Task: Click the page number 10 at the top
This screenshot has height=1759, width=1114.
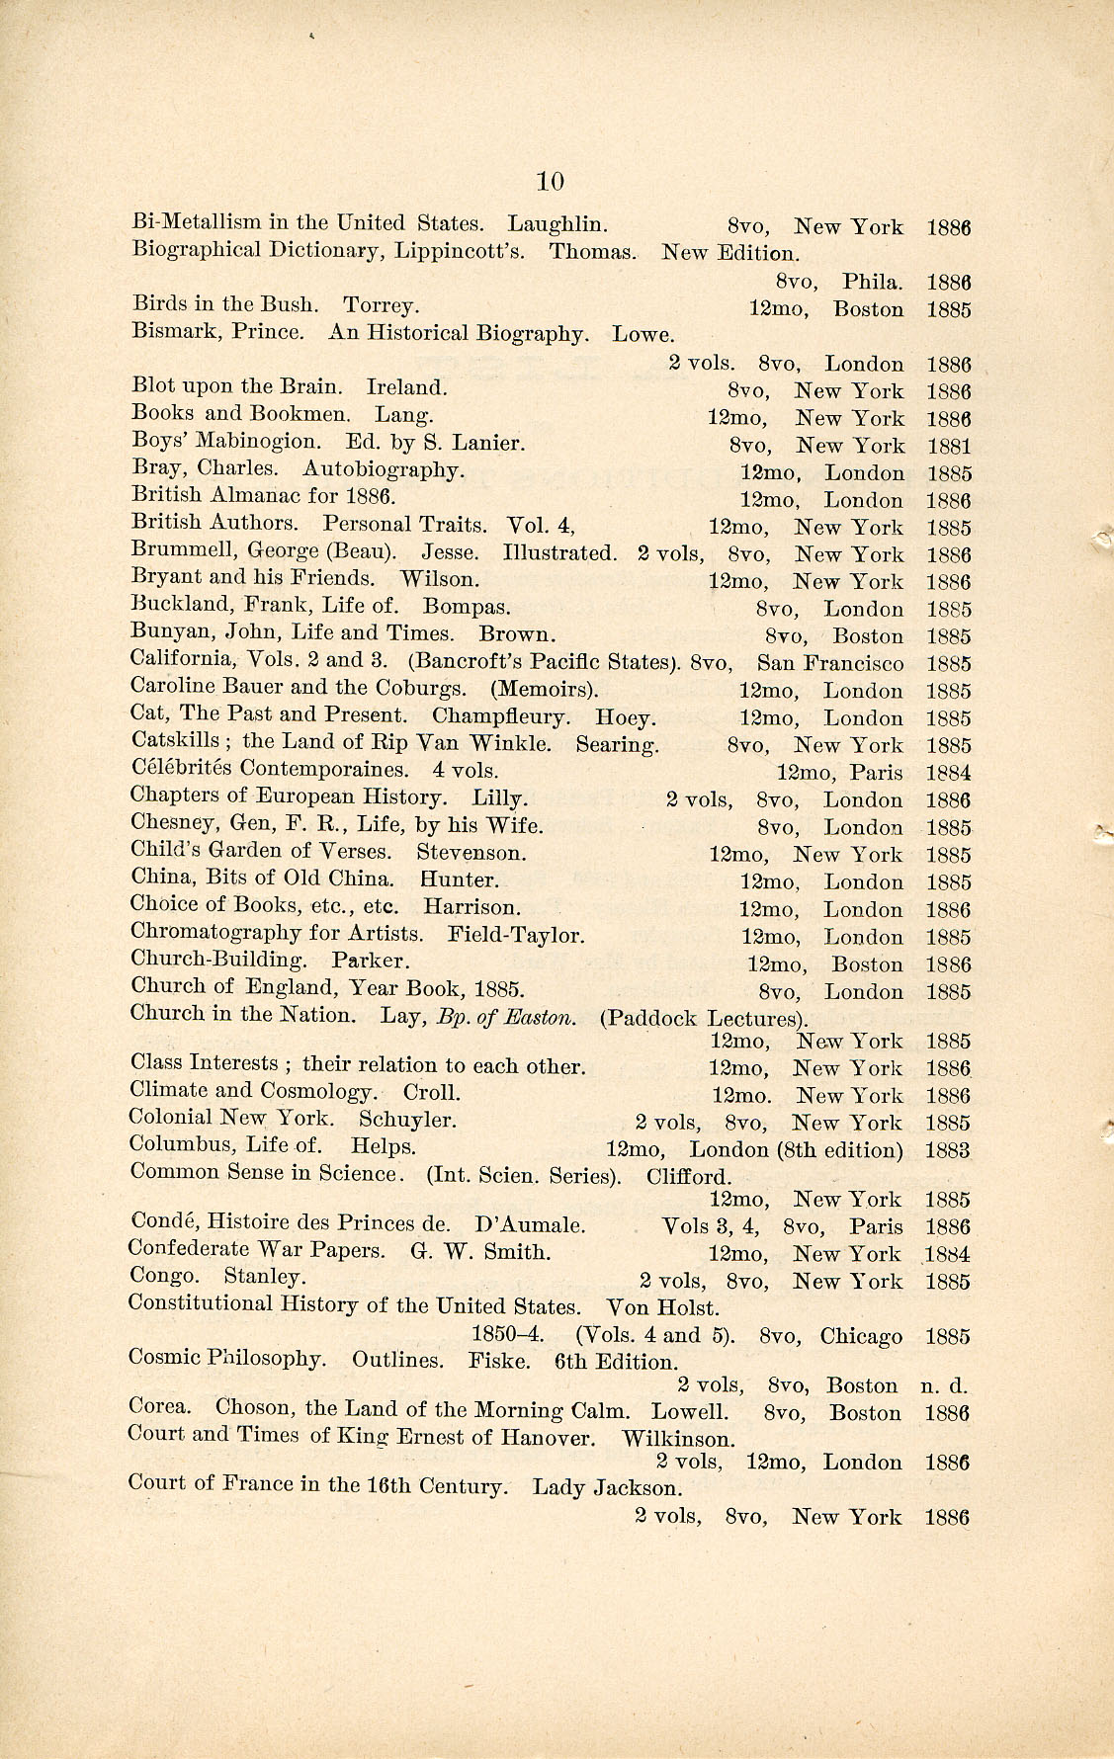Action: click(x=550, y=181)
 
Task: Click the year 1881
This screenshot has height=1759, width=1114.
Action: click(x=948, y=446)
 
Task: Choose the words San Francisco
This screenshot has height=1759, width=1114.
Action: click(x=830, y=664)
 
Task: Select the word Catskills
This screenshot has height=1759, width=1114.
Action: click(x=175, y=740)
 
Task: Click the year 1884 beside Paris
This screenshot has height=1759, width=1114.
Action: click(x=948, y=773)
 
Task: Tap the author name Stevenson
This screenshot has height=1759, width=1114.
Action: click(x=471, y=852)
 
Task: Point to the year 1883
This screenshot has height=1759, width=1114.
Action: click(x=947, y=1150)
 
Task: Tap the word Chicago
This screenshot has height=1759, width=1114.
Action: click(x=861, y=1336)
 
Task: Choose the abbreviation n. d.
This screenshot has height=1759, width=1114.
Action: click(x=945, y=1385)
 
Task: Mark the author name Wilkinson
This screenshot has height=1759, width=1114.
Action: click(x=678, y=1439)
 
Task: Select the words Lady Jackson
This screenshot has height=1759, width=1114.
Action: click(x=607, y=1486)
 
